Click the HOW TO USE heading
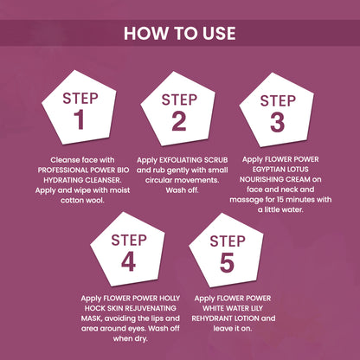tap(180, 33)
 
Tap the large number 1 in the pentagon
tap(80, 119)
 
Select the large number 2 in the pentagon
tap(179, 121)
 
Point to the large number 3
tap(278, 122)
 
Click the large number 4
tap(128, 261)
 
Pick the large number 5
tap(227, 263)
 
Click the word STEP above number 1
tap(80, 99)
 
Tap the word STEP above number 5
tap(228, 241)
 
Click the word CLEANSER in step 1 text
tap(102, 180)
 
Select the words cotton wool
tap(82, 200)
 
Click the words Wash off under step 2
tap(183, 190)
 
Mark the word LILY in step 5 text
tap(255, 308)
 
